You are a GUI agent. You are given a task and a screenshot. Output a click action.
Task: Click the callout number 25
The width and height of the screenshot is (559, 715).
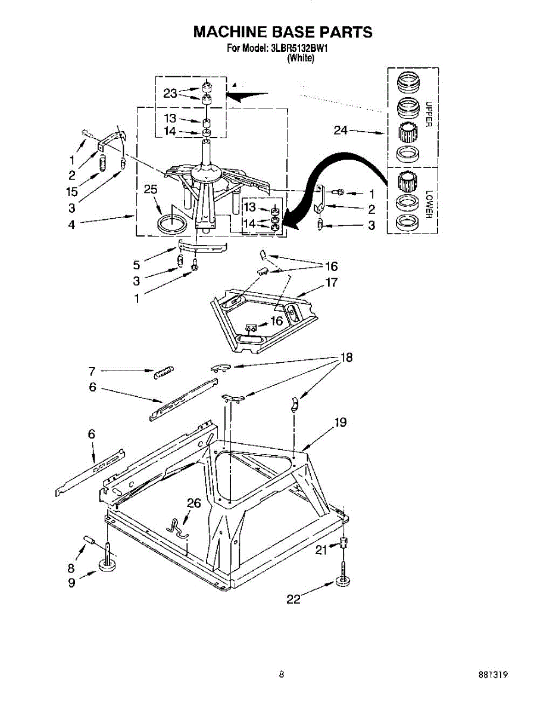point(151,190)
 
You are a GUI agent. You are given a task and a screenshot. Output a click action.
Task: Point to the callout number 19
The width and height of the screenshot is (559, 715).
point(340,422)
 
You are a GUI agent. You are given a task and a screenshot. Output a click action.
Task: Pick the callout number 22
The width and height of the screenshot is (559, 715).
point(293,599)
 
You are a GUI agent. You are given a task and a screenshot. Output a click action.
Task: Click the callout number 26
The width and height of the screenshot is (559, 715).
point(194,503)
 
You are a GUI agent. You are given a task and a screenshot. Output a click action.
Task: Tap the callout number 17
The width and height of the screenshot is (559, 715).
point(331,282)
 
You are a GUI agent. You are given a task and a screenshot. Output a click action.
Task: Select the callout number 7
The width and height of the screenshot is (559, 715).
point(92,371)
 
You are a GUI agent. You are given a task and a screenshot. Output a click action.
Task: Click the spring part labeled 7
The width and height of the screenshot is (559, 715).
point(163,372)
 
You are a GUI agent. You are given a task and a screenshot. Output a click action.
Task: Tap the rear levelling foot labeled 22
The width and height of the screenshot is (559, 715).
point(343,580)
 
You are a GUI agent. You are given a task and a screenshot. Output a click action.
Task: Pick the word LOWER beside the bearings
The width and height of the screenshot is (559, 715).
point(427,204)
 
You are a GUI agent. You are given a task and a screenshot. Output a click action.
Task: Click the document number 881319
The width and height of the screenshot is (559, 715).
point(492,675)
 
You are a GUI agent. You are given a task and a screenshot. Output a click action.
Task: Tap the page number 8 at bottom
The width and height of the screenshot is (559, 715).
point(280,674)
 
